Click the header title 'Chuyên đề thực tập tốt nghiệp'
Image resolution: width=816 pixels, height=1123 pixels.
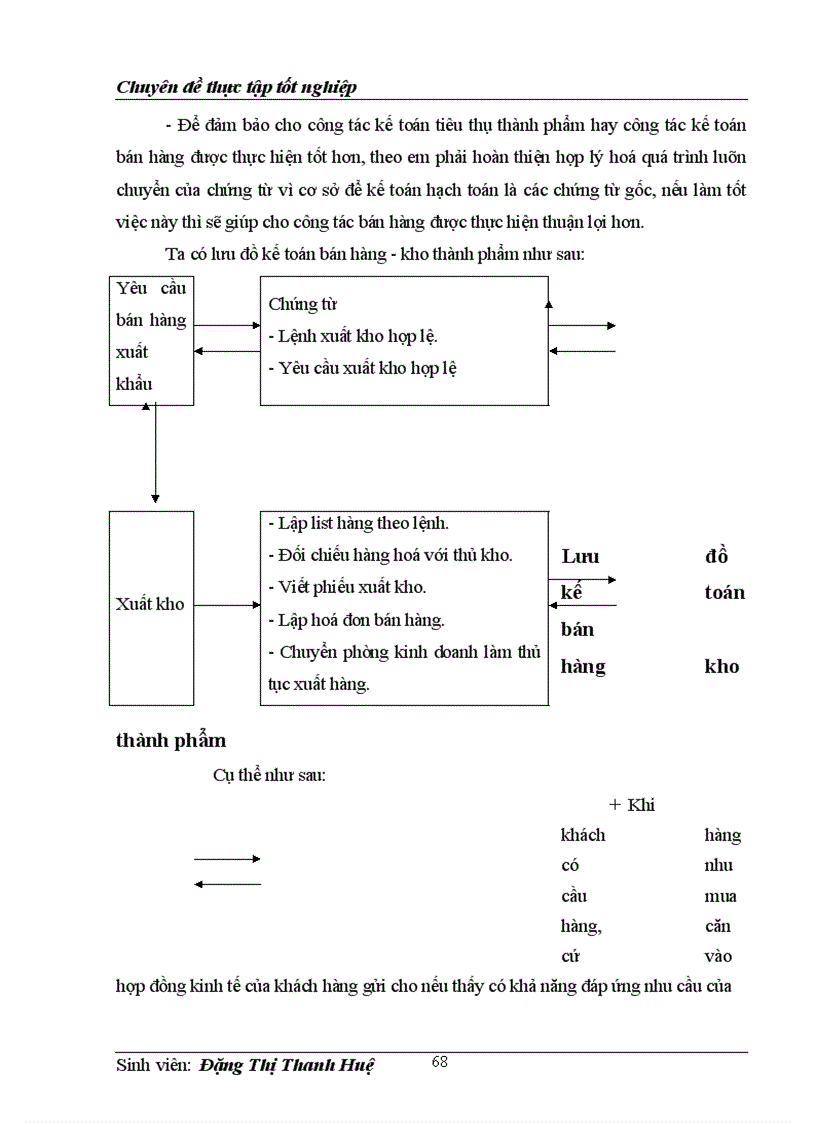237,88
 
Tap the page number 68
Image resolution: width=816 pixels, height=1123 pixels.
439,1062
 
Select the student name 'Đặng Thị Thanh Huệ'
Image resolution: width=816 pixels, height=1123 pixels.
286,1066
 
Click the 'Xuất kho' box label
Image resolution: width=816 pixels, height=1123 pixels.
150,605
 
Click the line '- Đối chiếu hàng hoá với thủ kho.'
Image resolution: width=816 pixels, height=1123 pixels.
390,555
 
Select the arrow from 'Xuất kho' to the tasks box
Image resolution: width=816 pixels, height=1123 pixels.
227,605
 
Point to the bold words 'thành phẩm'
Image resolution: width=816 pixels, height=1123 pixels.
171,741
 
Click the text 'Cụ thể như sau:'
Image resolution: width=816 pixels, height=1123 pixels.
268,776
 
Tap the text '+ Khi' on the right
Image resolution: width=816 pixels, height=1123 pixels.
631,805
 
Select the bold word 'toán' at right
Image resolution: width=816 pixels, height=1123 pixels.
724,593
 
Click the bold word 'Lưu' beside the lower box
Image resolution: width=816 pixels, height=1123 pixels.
580,557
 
